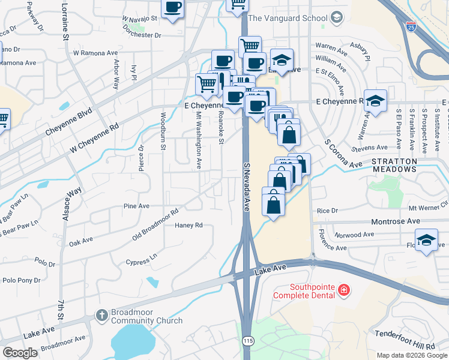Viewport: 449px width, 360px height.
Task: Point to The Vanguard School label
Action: click(x=288, y=18)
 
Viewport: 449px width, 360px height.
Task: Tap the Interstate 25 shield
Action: click(x=411, y=27)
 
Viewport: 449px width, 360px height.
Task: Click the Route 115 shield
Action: click(x=247, y=340)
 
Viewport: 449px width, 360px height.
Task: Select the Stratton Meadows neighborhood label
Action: click(x=394, y=166)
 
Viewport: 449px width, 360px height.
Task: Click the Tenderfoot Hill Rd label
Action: click(x=405, y=340)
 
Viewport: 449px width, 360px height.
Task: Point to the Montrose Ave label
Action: click(x=396, y=221)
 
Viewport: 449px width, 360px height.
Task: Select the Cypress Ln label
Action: click(x=141, y=259)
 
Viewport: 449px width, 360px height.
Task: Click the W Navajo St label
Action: click(x=139, y=19)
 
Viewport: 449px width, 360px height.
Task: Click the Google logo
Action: click(x=20, y=353)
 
